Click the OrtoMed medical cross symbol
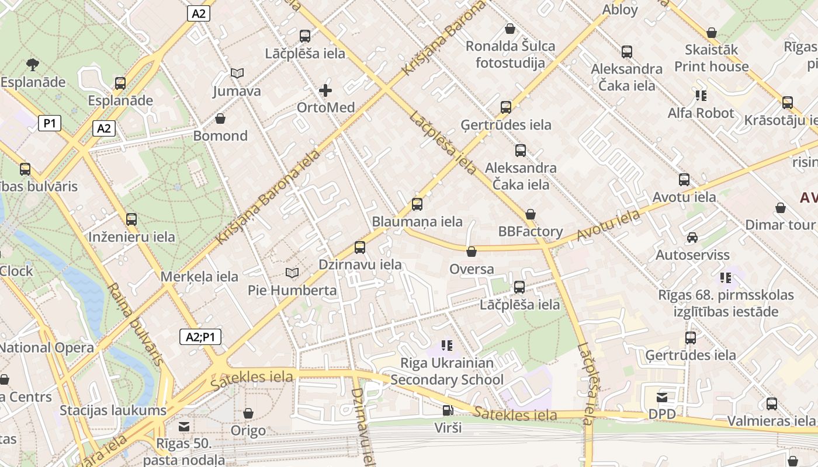(x=325, y=90)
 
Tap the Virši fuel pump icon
(x=448, y=410)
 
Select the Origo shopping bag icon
(x=248, y=413)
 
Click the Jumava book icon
(x=237, y=74)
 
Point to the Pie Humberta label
(x=292, y=290)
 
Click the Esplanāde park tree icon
(x=33, y=64)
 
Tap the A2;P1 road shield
(x=200, y=337)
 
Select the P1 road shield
(x=50, y=123)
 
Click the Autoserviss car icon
(x=692, y=238)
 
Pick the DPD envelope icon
(x=662, y=398)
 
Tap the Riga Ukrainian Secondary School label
(x=447, y=371)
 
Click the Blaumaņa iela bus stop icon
(x=417, y=204)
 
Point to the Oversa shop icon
(x=472, y=252)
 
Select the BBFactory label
(x=531, y=232)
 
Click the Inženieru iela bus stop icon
(x=131, y=219)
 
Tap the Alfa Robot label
(x=701, y=113)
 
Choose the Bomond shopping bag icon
(x=220, y=119)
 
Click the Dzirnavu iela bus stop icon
(x=360, y=247)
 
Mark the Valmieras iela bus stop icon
(x=772, y=403)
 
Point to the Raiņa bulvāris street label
(x=136, y=325)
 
